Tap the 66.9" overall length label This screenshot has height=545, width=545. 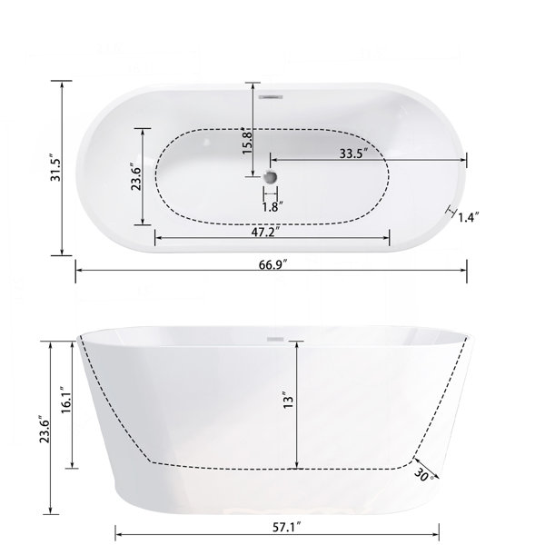click(272, 265)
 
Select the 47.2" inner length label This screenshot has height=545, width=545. click(266, 233)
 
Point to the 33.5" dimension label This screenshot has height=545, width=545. click(353, 154)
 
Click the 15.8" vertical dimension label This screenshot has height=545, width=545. click(248, 142)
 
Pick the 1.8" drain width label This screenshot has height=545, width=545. click(272, 207)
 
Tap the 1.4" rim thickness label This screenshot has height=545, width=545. click(469, 218)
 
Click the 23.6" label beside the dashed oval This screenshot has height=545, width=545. click(135, 176)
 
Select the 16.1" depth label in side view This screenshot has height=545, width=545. click(66, 400)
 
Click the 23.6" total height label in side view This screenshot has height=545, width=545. click(45, 429)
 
